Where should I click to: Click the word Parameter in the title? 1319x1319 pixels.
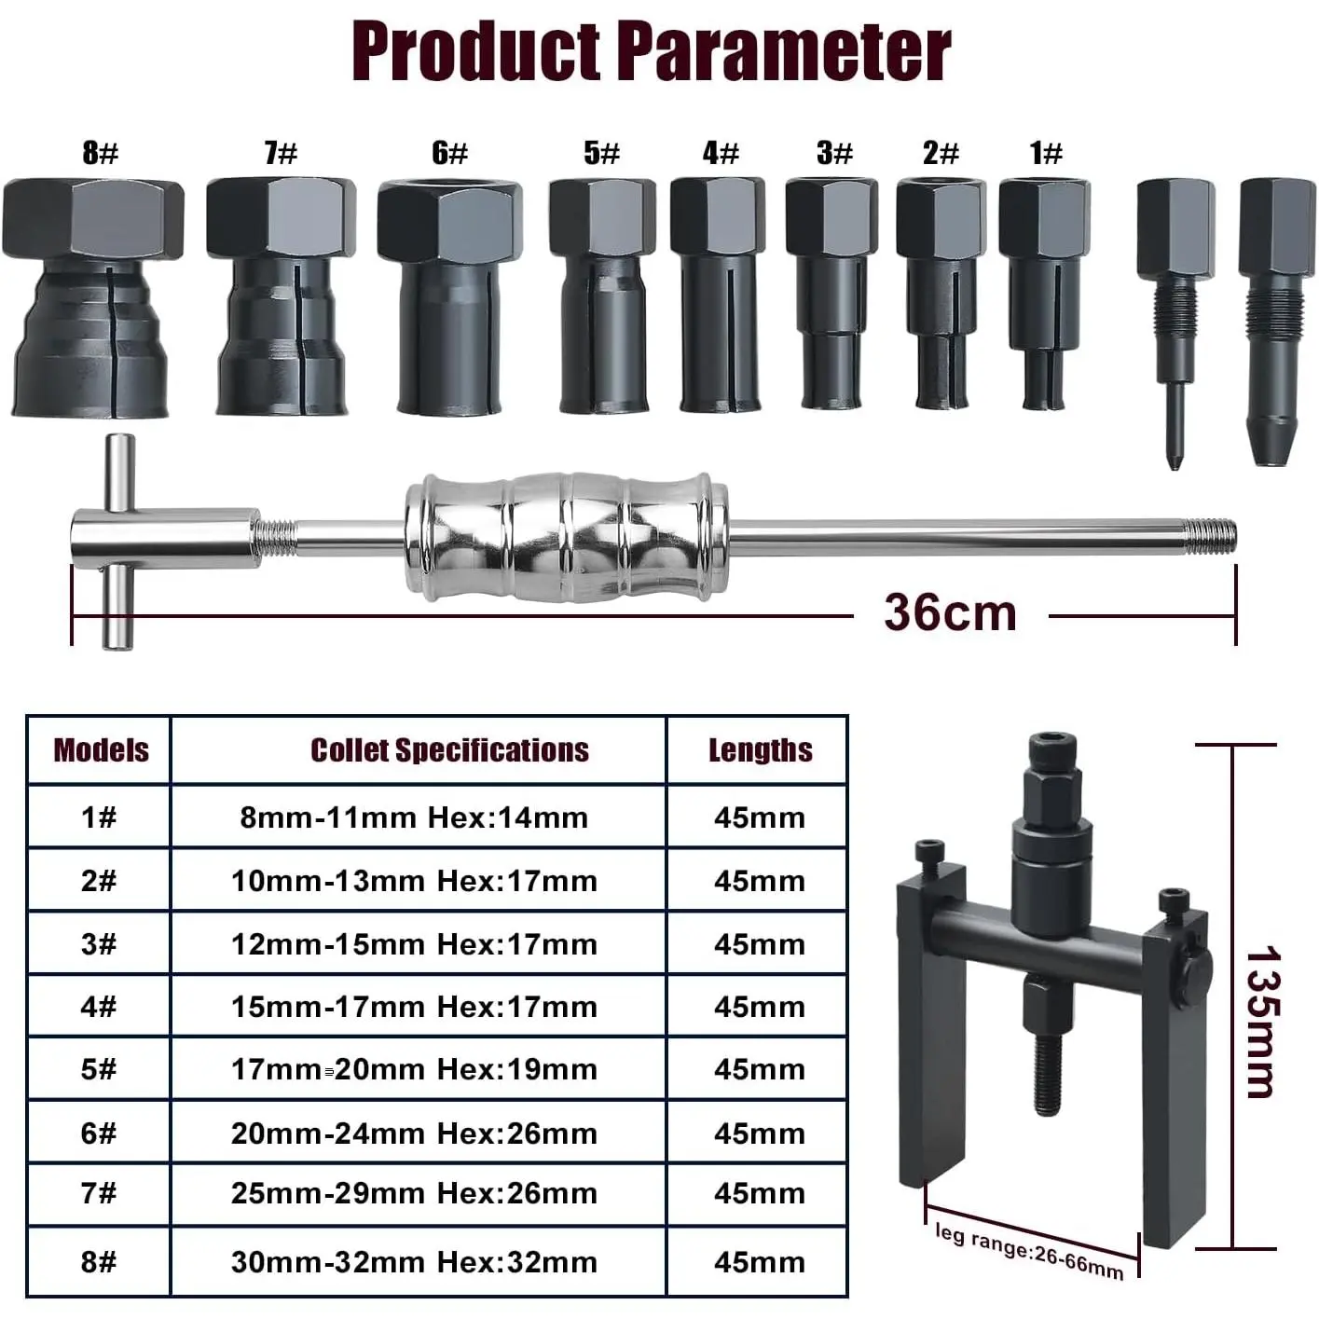[x=787, y=51]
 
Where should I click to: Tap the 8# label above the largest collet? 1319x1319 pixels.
[x=100, y=152]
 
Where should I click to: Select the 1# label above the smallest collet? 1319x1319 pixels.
[x=1046, y=152]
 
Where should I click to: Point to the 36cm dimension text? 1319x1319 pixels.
[x=950, y=611]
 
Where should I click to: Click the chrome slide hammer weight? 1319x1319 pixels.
[x=567, y=537]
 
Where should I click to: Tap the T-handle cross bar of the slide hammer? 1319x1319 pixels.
[x=117, y=542]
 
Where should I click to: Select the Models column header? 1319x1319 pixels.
[x=101, y=750]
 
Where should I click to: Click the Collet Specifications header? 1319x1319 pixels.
[x=449, y=750]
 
